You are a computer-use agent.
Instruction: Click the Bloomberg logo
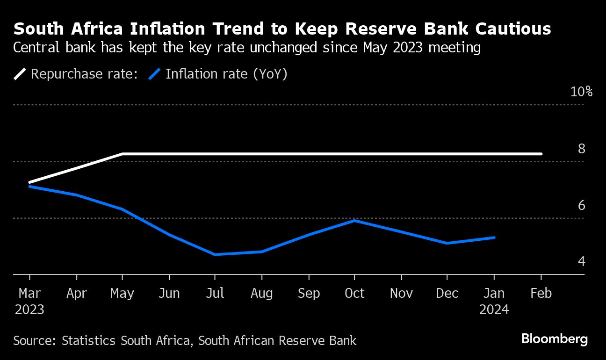pyautogui.click(x=554, y=339)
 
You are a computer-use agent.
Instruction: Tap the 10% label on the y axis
pyautogui.click(x=581, y=92)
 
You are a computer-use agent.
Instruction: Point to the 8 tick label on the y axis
pyautogui.click(x=581, y=149)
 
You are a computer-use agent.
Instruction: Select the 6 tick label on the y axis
pyautogui.click(x=581, y=205)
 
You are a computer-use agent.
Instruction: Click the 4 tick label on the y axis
pyautogui.click(x=581, y=261)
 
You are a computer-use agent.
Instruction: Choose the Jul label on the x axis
pyautogui.click(x=215, y=293)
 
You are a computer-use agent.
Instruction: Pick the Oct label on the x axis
pyautogui.click(x=354, y=293)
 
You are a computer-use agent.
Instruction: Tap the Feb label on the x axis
pyautogui.click(x=541, y=293)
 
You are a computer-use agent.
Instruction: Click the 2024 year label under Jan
pyautogui.click(x=494, y=310)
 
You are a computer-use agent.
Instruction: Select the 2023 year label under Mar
pyautogui.click(x=29, y=310)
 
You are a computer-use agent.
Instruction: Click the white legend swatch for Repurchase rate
pyautogui.click(x=21, y=74)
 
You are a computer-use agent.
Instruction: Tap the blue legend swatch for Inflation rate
pyautogui.click(x=155, y=74)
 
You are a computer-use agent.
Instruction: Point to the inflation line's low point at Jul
pyautogui.click(x=215, y=254)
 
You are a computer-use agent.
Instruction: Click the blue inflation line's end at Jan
pyautogui.click(x=494, y=238)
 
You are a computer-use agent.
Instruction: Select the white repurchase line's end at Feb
pyautogui.click(x=541, y=153)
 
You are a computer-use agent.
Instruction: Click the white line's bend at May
pyautogui.click(x=122, y=153)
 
